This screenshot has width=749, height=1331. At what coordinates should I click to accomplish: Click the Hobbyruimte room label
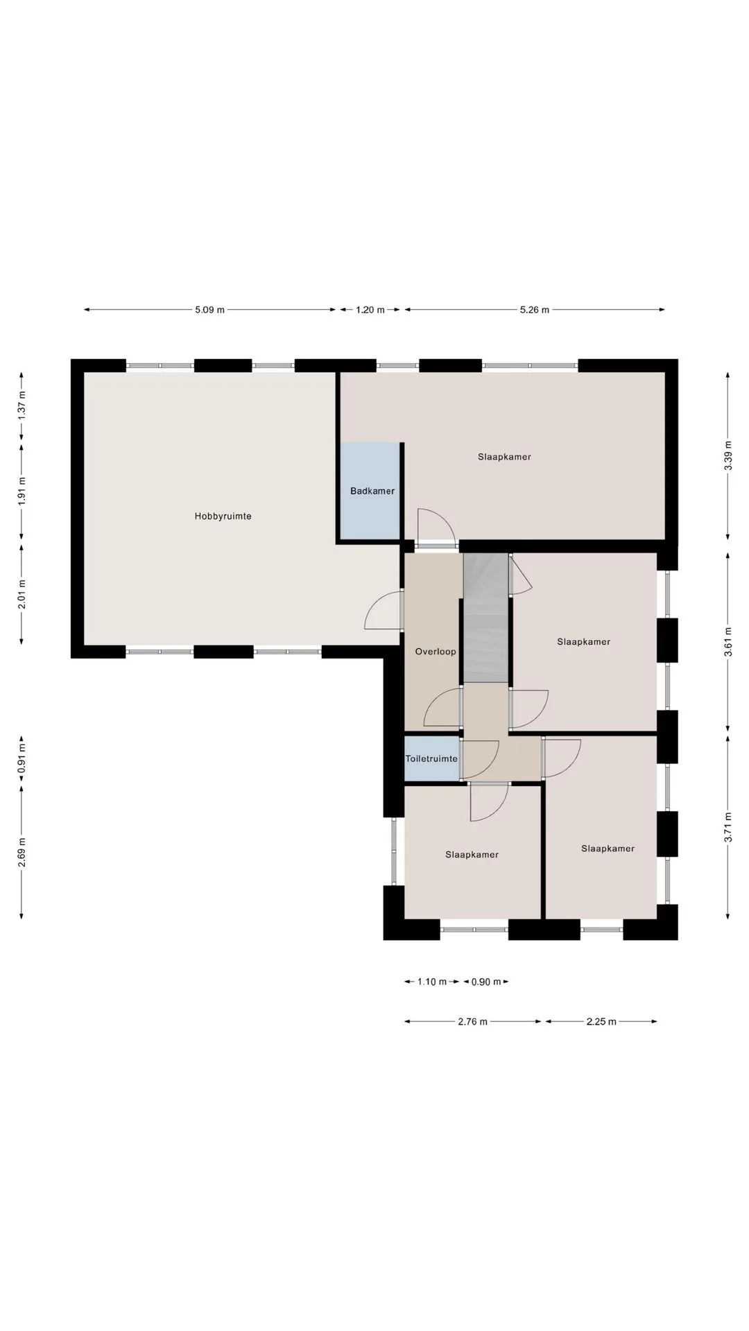[x=223, y=516]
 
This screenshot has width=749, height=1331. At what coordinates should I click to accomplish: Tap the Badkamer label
[x=372, y=491]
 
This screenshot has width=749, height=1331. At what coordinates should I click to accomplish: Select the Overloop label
[x=436, y=652]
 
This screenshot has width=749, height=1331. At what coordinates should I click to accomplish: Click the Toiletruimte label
[x=431, y=759]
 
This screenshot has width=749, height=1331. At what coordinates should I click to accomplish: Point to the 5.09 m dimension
[x=210, y=310]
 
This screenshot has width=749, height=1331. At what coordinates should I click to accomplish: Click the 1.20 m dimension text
[x=370, y=310]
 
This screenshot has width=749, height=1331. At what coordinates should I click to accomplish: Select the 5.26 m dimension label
[x=535, y=310]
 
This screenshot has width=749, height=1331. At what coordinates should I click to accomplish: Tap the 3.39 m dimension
[x=728, y=456]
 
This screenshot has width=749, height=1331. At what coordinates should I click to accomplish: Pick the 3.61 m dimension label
[x=728, y=641]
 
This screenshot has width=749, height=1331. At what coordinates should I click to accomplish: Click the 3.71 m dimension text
[x=728, y=827]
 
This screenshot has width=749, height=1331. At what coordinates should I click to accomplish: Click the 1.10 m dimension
[x=432, y=982]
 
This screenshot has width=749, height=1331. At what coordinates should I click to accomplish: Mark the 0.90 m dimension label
[x=486, y=982]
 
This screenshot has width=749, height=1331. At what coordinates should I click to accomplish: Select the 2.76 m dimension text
[x=473, y=1022]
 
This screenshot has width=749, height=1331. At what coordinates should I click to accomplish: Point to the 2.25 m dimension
[x=601, y=1022]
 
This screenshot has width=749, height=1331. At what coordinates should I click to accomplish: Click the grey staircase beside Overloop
[x=486, y=618]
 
